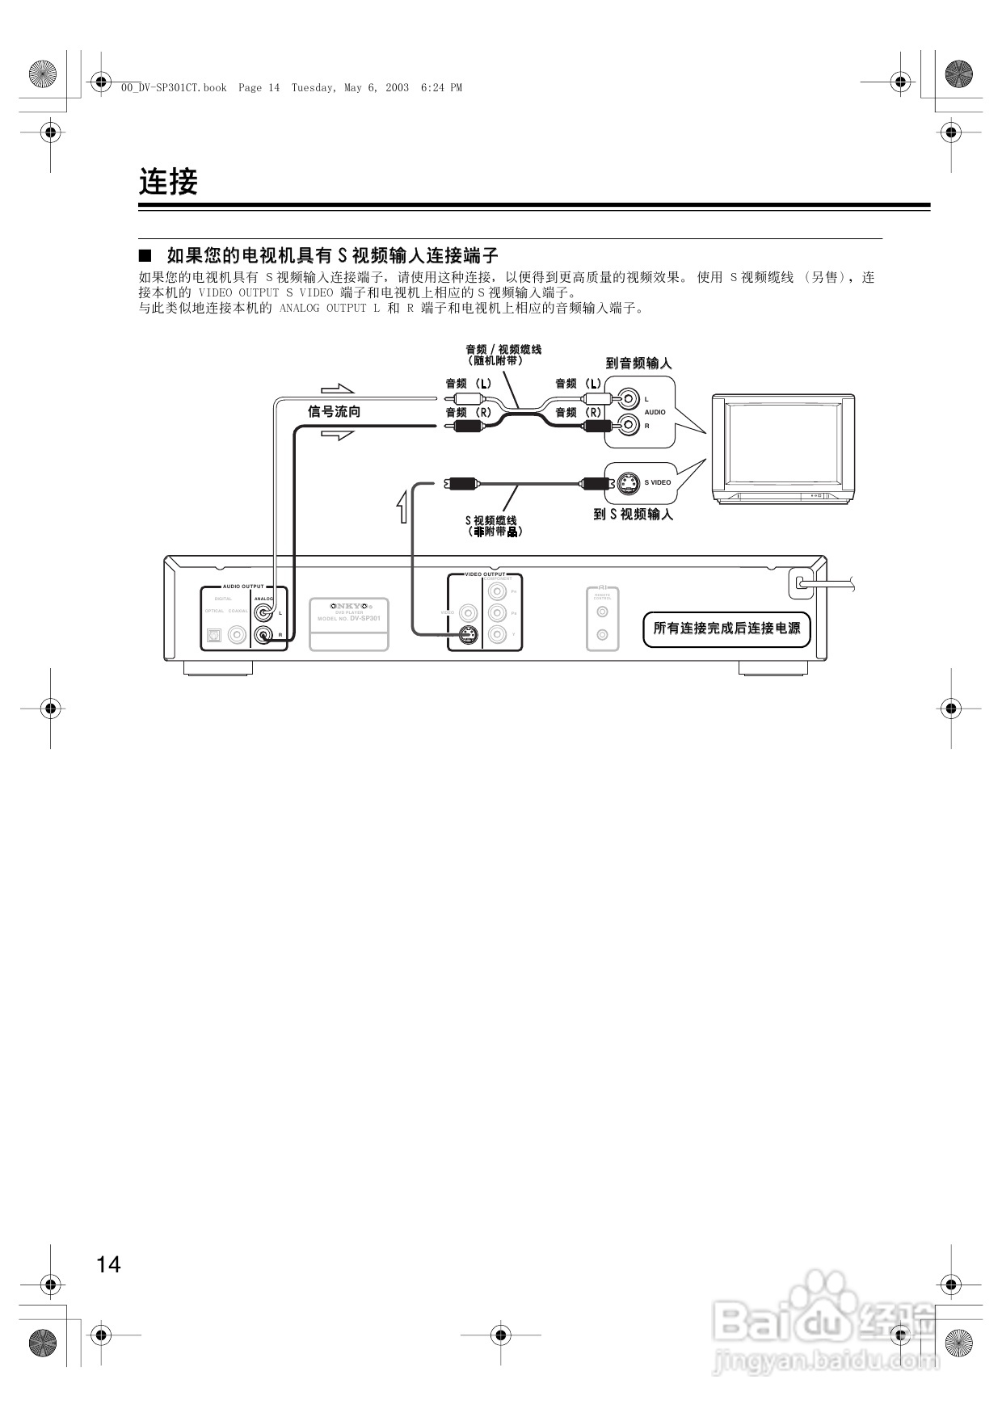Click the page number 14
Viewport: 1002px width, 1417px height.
108,1264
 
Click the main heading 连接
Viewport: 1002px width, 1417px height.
168,182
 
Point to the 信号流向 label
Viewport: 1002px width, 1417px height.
334,412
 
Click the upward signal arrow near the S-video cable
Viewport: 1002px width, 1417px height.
402,506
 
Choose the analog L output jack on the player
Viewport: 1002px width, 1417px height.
263,613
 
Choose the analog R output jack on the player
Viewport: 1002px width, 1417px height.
263,635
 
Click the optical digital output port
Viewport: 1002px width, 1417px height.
214,635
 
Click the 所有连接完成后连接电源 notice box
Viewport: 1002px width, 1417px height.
726,629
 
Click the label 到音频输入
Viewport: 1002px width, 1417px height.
638,364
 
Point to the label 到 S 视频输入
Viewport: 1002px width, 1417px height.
633,515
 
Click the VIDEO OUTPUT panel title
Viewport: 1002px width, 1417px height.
485,574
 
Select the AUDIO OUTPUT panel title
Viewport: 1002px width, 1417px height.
243,587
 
